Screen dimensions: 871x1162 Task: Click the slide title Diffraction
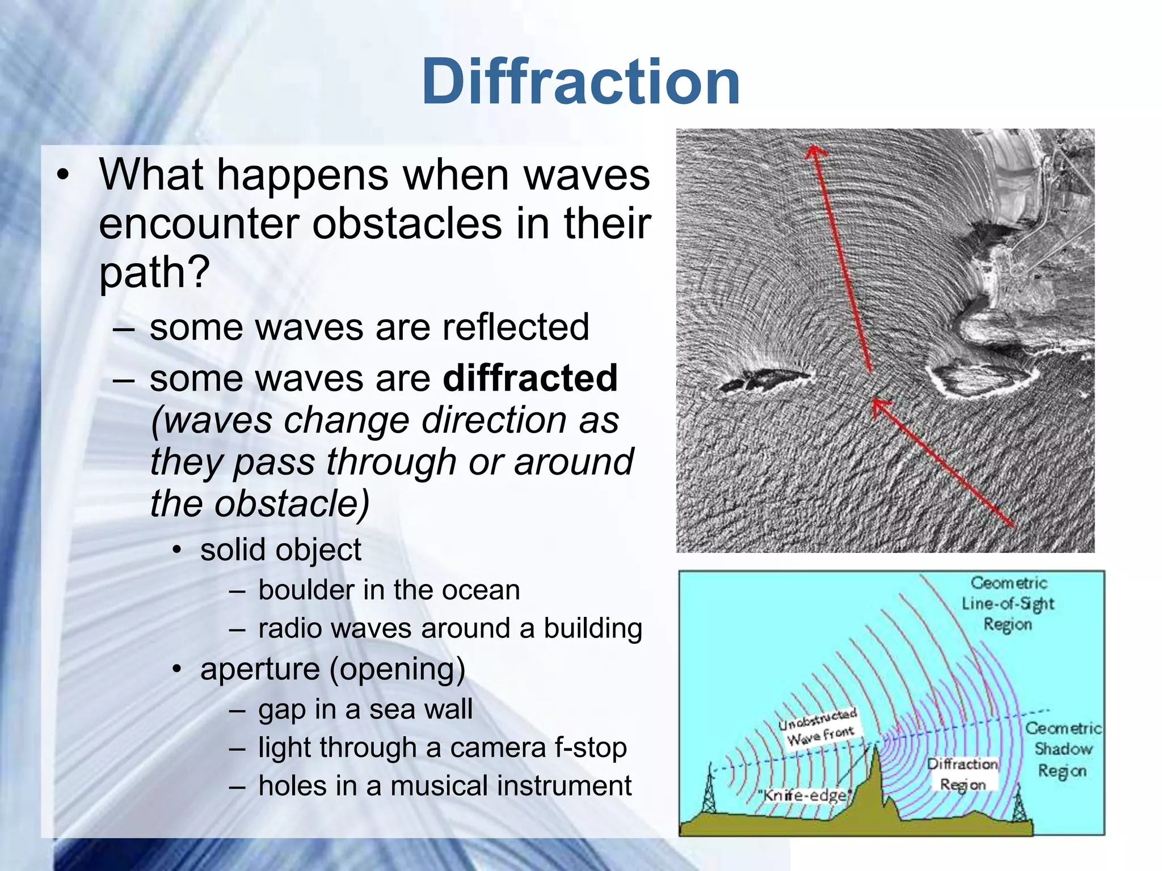coord(580,82)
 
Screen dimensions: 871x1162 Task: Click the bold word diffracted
coord(530,378)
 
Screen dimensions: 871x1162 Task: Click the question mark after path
coord(199,272)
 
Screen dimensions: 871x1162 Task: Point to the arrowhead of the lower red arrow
coord(878,405)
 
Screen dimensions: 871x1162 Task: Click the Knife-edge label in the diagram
coord(805,795)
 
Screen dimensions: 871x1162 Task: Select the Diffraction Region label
coord(962,775)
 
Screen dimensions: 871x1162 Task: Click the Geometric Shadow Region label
coord(1062,749)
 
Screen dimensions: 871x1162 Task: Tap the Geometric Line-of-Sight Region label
coord(1008,603)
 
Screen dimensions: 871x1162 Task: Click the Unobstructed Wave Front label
coord(819,728)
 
